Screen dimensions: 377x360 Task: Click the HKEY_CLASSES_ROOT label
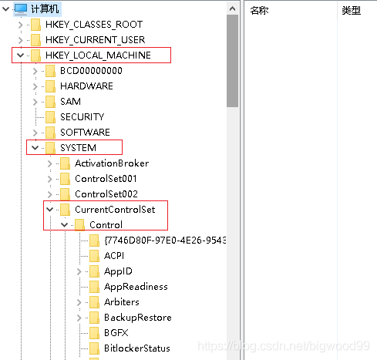94,25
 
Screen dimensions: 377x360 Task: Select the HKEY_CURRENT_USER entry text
95,40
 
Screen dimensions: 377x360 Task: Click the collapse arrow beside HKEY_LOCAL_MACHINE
21,56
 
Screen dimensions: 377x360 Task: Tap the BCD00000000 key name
91,71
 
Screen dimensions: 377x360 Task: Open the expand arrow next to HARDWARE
35,86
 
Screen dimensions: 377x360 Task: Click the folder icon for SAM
50,102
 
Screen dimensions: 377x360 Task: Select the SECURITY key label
82,117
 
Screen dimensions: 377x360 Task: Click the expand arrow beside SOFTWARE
35,133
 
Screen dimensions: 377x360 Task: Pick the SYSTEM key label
78,148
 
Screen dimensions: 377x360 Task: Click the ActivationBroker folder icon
65,163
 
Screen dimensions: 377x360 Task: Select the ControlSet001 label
106,179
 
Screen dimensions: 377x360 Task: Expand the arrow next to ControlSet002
50,194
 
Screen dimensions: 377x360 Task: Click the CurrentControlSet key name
115,210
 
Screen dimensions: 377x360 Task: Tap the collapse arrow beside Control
65,225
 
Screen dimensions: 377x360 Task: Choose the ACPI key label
114,256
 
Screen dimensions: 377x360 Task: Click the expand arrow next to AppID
79,271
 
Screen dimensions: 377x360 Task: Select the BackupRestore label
138,318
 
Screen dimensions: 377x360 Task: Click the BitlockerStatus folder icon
94,348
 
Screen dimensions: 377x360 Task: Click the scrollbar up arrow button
232,8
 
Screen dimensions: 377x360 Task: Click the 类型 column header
352,11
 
